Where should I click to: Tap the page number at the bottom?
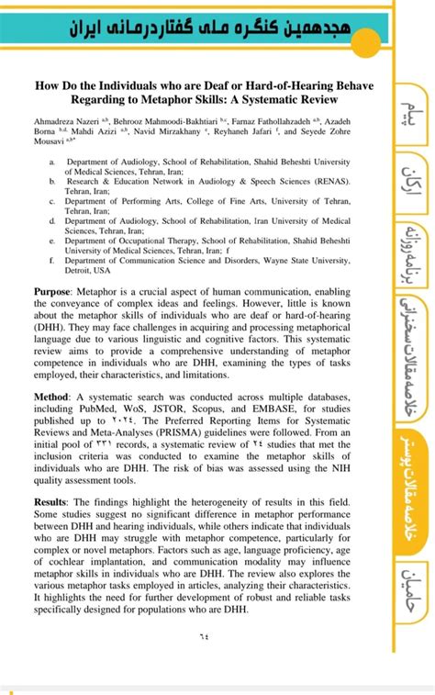[x=203, y=636]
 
